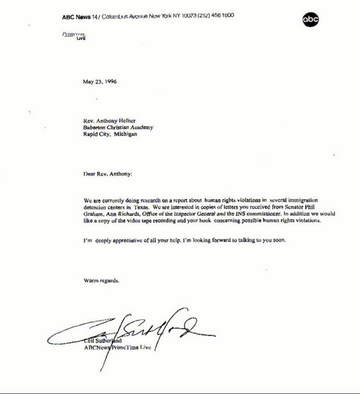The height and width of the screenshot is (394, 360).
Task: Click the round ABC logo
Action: [310, 20]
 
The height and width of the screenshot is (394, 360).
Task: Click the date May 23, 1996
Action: [100, 81]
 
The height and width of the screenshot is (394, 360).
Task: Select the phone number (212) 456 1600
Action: [214, 15]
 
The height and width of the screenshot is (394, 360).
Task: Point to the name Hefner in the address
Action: [127, 121]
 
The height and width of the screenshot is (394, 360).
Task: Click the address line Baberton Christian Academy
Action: [117, 128]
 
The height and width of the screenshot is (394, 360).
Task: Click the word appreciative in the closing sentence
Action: [128, 240]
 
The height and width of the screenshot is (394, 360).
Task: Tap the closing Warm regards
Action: [101, 280]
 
